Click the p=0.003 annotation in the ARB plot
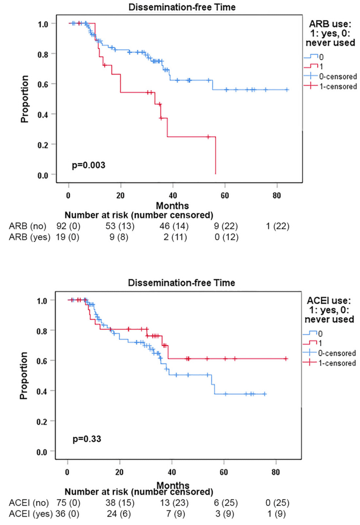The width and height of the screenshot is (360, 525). click(89, 165)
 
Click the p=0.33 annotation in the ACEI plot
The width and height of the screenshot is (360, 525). click(87, 439)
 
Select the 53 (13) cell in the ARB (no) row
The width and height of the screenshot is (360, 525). click(120, 226)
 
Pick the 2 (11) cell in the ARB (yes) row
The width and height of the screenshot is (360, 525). click(175, 237)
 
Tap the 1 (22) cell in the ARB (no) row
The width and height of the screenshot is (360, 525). click(277, 226)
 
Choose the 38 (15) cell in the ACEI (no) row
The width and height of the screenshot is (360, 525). click(120, 503)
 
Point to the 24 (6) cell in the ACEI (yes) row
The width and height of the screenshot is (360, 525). click(119, 514)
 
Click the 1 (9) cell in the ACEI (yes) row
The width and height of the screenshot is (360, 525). click(277, 514)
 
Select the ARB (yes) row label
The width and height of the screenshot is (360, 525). click(30, 237)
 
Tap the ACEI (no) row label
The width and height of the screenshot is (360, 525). click(29, 503)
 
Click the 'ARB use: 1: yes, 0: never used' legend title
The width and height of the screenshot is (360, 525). click(330, 33)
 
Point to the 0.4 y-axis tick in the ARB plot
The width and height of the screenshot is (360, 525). click(43, 114)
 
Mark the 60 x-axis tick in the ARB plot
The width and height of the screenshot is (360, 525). click(225, 195)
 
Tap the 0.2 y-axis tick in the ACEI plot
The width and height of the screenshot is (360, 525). click(42, 421)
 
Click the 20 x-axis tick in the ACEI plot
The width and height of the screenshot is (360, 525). click(120, 472)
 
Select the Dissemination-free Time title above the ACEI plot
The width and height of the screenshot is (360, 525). click(181, 283)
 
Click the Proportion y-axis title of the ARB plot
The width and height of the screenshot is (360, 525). click(25, 99)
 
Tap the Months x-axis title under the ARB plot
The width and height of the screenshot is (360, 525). click(172, 206)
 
